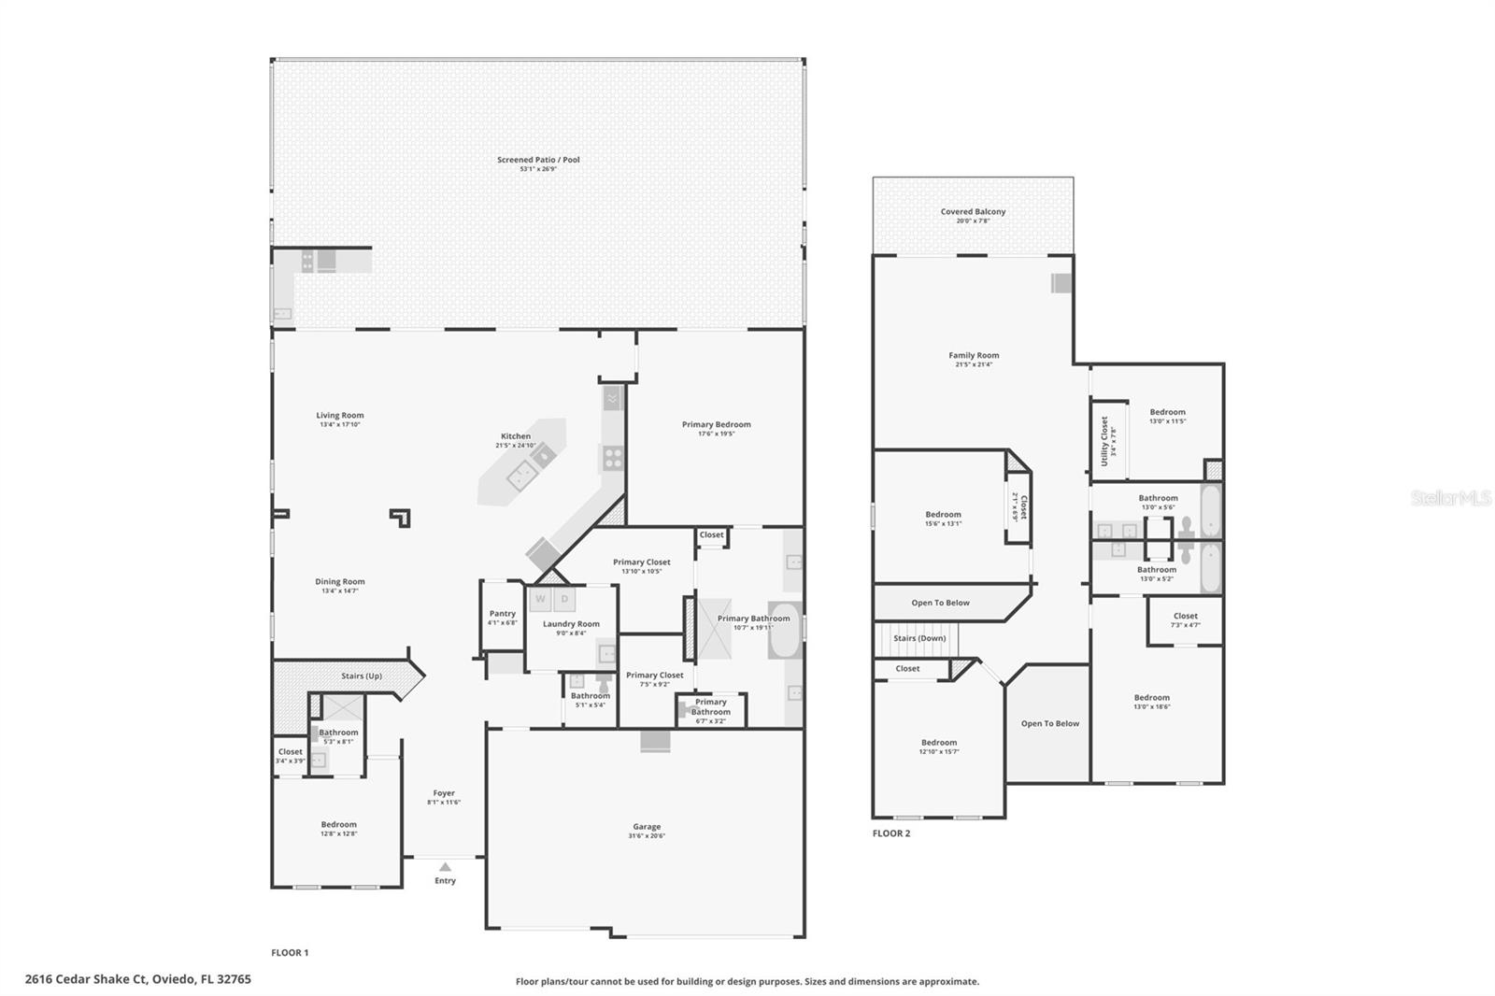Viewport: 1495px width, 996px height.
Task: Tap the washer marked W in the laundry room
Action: pyautogui.click(x=540, y=599)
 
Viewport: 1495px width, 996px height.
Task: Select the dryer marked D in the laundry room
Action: pyautogui.click(x=564, y=599)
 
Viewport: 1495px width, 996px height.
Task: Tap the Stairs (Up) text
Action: pyautogui.click(x=361, y=676)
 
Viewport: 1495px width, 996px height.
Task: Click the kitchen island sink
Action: pyautogui.click(x=520, y=475)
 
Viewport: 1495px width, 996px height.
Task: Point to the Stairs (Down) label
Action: pyautogui.click(x=919, y=638)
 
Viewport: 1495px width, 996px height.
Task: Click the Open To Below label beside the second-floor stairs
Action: pyautogui.click(x=940, y=603)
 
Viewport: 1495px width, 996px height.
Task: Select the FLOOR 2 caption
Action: pyautogui.click(x=890, y=833)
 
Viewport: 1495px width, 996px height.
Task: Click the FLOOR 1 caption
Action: pyautogui.click(x=290, y=952)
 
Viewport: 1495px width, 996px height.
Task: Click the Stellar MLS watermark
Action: pyautogui.click(x=1450, y=498)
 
